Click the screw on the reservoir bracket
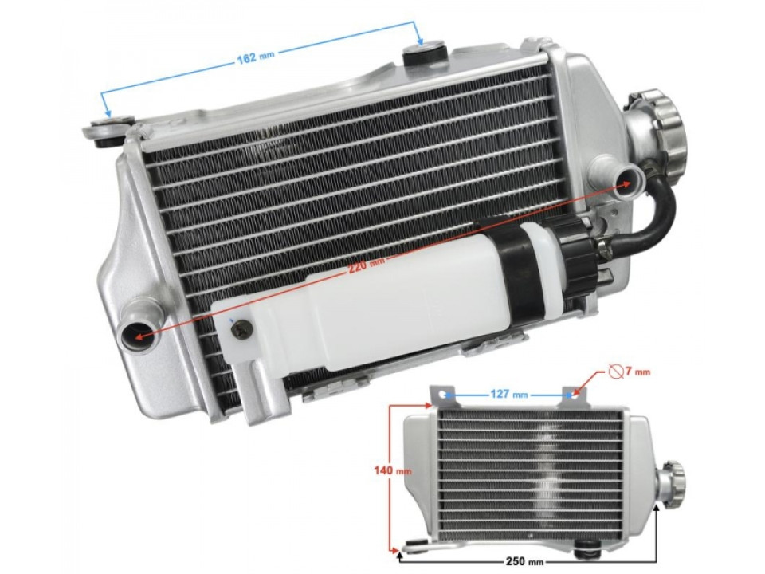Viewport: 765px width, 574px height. point(241,328)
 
